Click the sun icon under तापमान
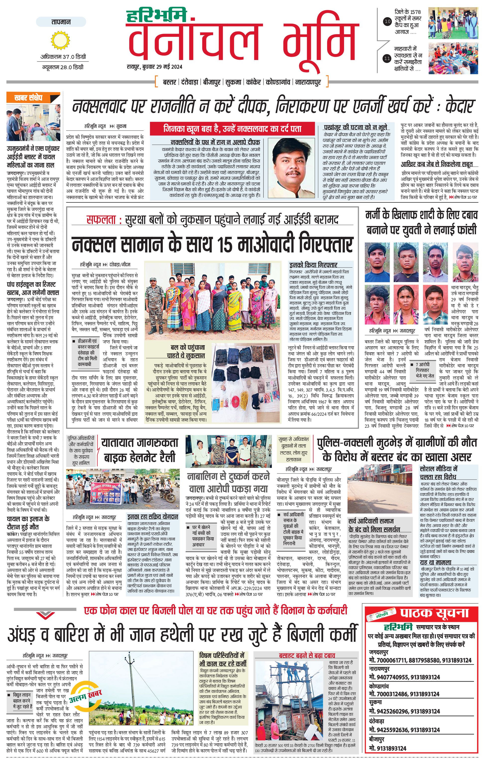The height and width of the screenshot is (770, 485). click(60, 40)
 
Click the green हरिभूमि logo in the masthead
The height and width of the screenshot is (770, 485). click(156, 16)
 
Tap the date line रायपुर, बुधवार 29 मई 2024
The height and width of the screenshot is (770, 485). click(154, 67)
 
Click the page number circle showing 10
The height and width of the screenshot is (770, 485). click(387, 22)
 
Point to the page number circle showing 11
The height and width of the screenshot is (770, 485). click(387, 59)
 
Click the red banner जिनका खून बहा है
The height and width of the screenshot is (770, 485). click(233, 129)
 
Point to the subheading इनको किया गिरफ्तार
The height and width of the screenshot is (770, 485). click(313, 265)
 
